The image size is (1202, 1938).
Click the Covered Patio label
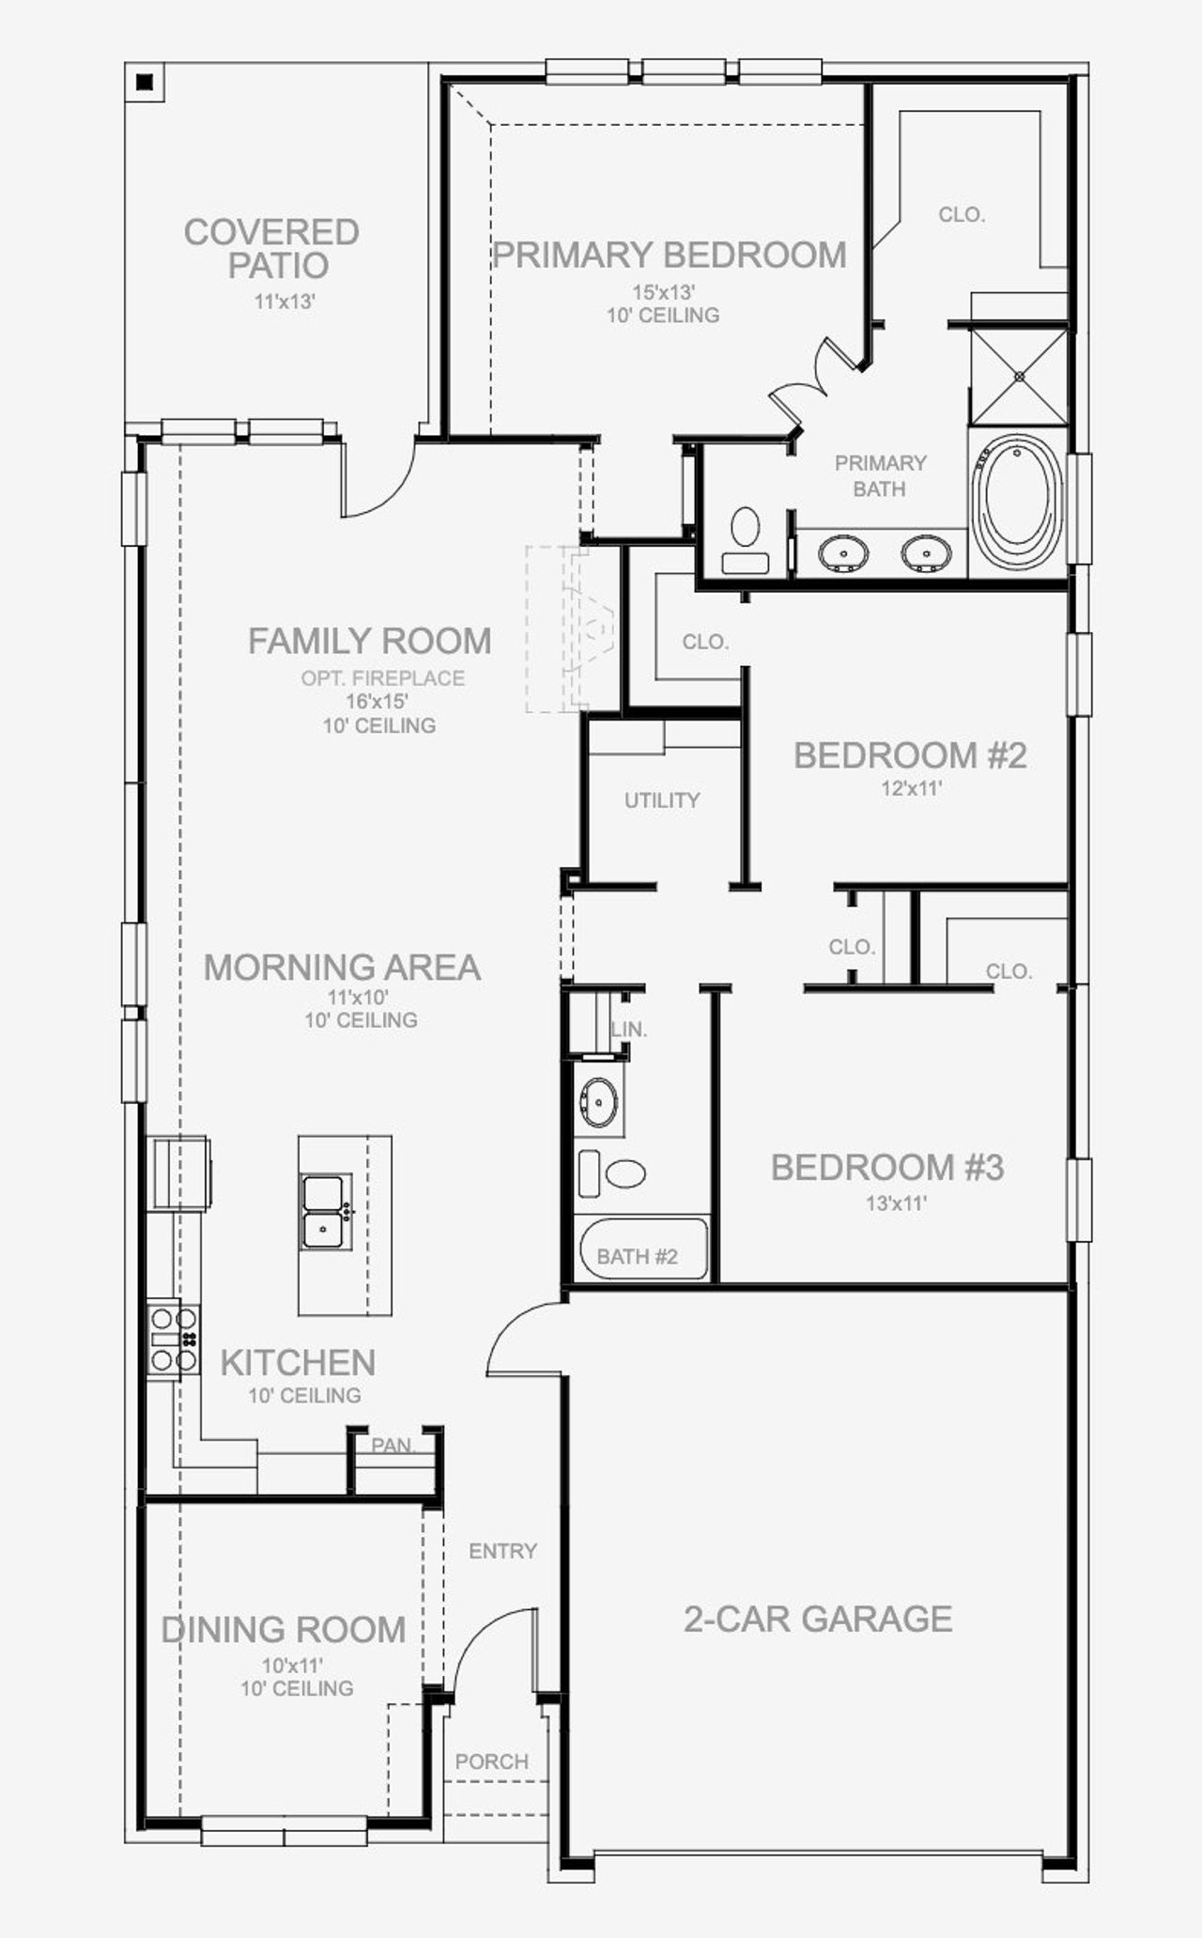tap(271, 248)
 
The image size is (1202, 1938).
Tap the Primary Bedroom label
tap(670, 255)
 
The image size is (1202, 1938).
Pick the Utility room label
tap(662, 800)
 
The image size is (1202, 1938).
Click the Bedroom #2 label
tap(910, 755)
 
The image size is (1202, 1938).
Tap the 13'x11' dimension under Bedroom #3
tap(896, 1202)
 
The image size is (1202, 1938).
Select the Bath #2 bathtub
tap(641, 1248)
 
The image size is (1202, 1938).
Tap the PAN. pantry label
tap(393, 1445)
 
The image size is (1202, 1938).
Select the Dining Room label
tap(284, 1629)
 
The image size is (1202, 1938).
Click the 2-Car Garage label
tap(818, 1619)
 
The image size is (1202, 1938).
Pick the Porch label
tap(492, 1761)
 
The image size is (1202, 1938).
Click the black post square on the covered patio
tap(145, 83)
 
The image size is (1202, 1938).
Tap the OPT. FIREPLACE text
tap(383, 677)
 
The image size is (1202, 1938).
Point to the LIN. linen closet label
tap(629, 1030)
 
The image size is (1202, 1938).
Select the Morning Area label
tap(342, 968)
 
